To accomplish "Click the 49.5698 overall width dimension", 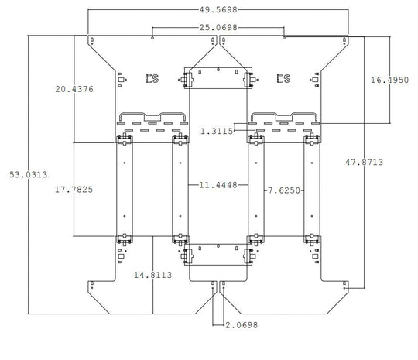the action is pos(218,10).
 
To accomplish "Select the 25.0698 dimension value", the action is pos(218,27).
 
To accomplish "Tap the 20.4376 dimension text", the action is pos(74,89).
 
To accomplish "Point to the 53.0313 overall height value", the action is pos(29,175).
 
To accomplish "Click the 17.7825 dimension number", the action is pos(74,190).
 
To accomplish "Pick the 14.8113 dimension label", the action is pos(152,275).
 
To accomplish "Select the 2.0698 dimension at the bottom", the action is pos(242,325).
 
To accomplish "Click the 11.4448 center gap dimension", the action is pos(218,185).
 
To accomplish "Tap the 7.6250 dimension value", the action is pos(284,190).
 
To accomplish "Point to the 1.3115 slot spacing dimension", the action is pos(217,131).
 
